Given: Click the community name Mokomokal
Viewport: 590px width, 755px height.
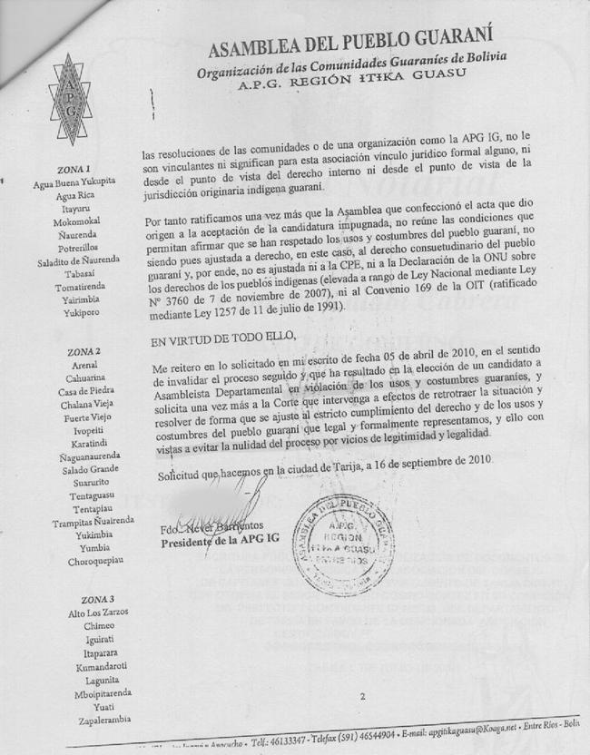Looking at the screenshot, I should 76,220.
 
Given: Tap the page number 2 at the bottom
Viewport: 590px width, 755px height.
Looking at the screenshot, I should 361,696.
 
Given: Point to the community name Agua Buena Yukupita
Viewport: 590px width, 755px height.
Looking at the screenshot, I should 73,181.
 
